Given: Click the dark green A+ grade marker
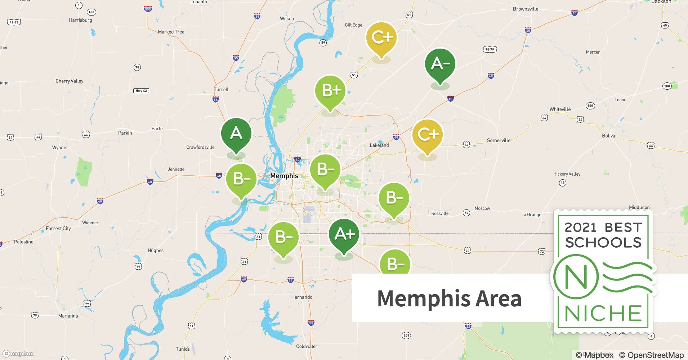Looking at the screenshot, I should click(x=344, y=234).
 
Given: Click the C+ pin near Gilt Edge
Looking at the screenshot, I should click(x=381, y=37).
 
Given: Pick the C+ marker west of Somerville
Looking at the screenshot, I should click(x=427, y=135).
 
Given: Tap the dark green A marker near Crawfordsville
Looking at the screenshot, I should click(x=236, y=134).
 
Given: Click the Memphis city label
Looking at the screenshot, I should click(x=284, y=176).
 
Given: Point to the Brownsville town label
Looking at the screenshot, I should click(x=525, y=9).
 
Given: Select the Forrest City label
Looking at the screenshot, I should click(x=58, y=228).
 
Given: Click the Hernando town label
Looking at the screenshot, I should click(x=302, y=297).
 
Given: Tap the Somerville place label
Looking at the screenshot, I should click(x=499, y=140).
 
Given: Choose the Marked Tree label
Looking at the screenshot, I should click(x=171, y=32).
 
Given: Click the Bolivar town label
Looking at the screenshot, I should click(x=609, y=136).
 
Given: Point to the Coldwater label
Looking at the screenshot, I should click(x=307, y=346).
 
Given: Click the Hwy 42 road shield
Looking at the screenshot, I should click(x=141, y=91).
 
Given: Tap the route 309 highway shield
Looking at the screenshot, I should click(x=406, y=336).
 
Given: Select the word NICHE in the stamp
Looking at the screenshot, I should click(x=603, y=314).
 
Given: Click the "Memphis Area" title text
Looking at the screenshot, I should click(x=449, y=298).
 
